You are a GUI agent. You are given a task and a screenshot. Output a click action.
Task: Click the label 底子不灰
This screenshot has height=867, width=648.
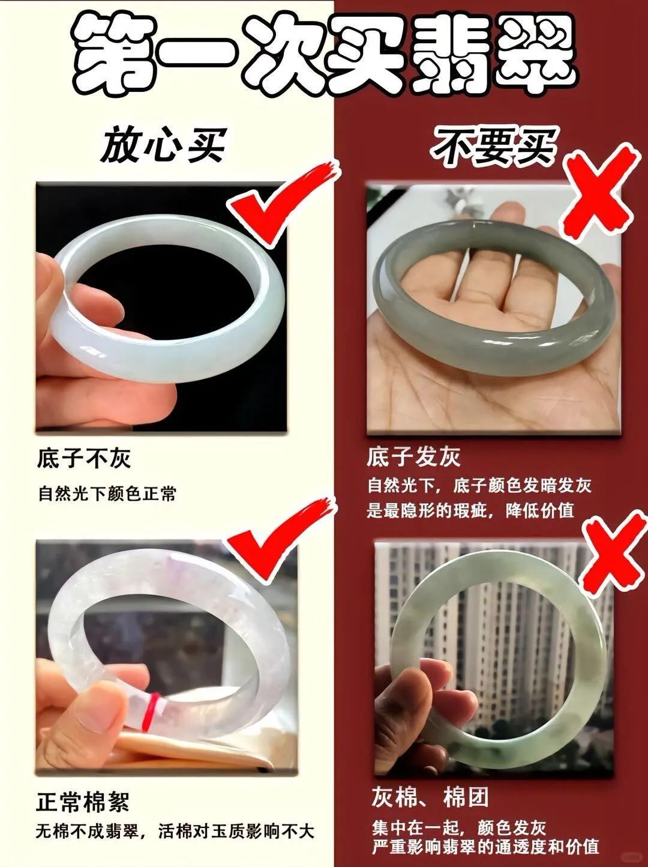[83, 459]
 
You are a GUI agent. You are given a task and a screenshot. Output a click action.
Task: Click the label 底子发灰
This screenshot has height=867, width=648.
[413, 458]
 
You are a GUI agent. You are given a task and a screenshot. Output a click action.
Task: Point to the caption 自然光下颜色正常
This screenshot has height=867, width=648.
[107, 494]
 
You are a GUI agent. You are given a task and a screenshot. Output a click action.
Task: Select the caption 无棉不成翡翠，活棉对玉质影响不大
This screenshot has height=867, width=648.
[175, 787]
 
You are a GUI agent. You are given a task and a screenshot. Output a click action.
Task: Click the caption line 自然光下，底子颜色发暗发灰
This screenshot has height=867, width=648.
[479, 486]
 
